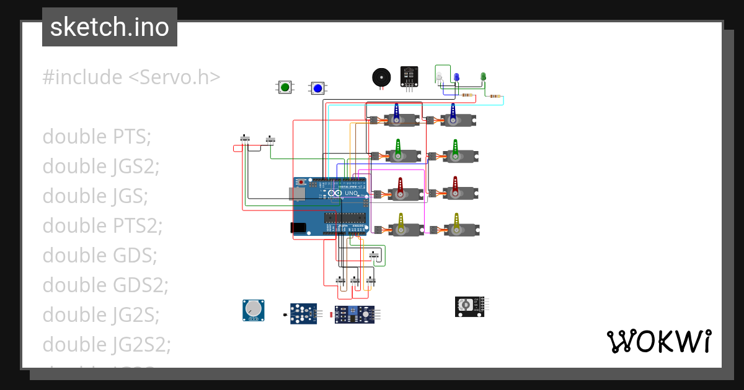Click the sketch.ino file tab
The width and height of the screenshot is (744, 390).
pyautogui.click(x=110, y=27)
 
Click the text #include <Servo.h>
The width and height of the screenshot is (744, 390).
pyautogui.click(x=131, y=77)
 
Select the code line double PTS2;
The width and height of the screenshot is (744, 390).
pyautogui.click(x=102, y=226)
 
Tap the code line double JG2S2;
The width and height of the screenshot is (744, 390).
pyautogui.click(x=107, y=344)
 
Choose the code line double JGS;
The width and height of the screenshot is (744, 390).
pyautogui.click(x=95, y=196)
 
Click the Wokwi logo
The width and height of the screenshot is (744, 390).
pyautogui.click(x=658, y=341)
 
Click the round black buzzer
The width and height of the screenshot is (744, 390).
pyautogui.click(x=381, y=77)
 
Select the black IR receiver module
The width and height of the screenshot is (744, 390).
pyautogui.click(x=409, y=76)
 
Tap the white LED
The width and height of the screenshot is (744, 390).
pyautogui.click(x=439, y=77)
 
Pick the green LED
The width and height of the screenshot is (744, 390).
pyautogui.click(x=484, y=77)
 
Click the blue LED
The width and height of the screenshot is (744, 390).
pyautogui.click(x=456, y=77)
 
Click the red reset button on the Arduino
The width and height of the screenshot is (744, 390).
pyautogui.click(x=301, y=183)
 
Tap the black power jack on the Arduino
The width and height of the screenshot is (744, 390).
pyautogui.click(x=298, y=228)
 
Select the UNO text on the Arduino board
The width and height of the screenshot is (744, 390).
pyautogui.click(x=351, y=193)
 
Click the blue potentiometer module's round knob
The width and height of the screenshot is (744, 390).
pyautogui.click(x=253, y=309)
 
